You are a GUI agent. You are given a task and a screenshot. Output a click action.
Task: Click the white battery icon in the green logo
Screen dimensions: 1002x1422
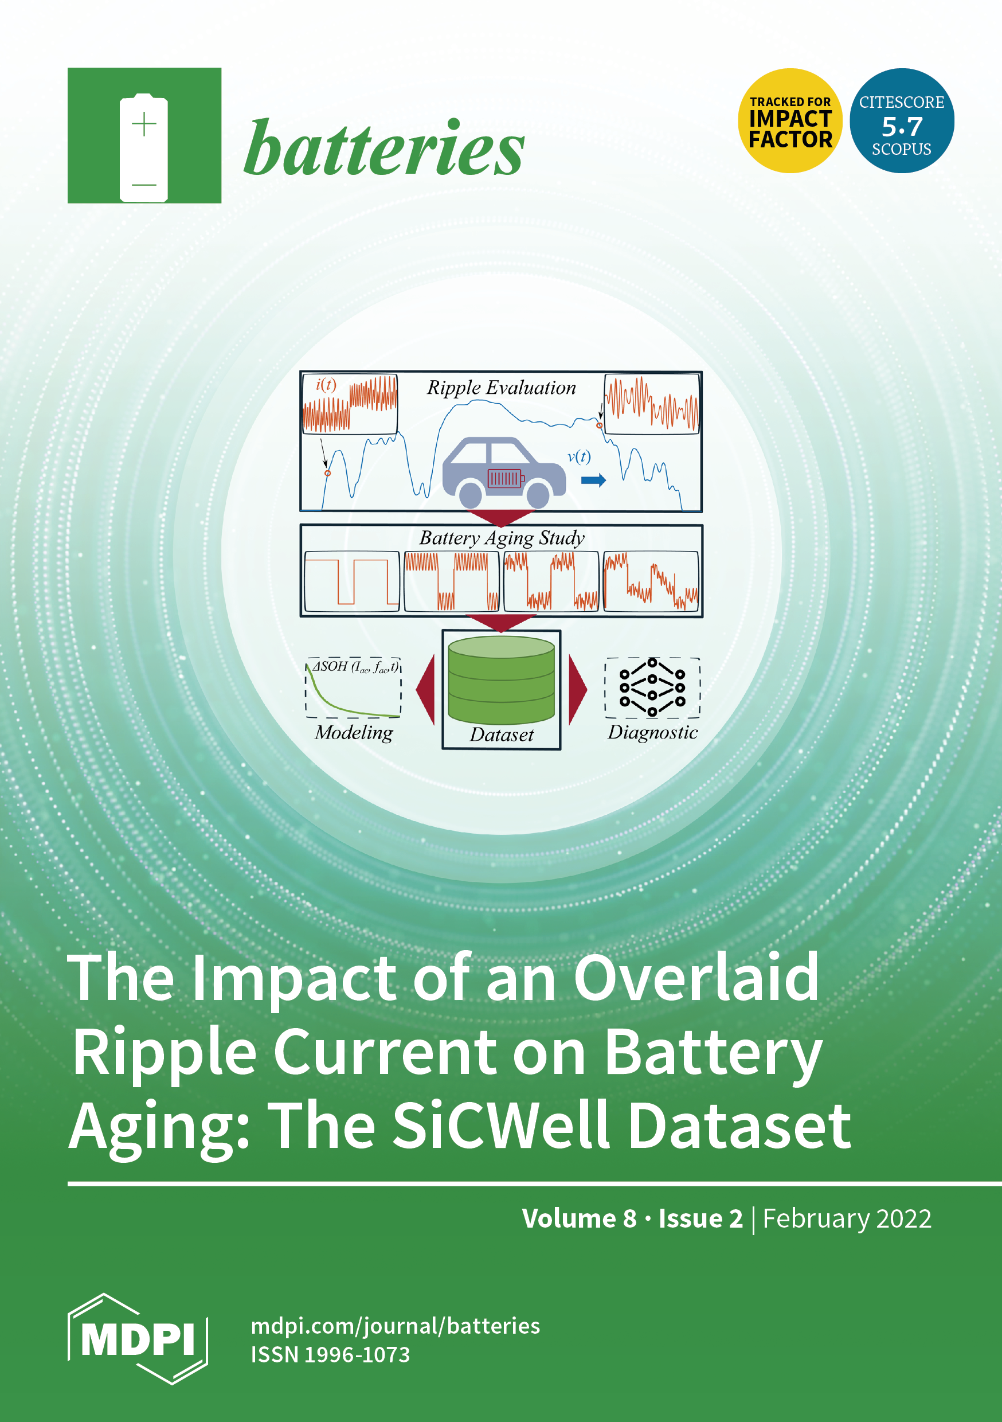click(x=144, y=147)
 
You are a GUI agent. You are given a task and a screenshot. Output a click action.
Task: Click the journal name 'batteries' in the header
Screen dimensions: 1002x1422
click(x=384, y=147)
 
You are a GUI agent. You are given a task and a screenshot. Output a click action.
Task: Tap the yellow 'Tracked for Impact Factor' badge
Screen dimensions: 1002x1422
click(x=790, y=121)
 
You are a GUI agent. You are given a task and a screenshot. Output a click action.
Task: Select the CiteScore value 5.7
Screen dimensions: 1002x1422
click(x=902, y=126)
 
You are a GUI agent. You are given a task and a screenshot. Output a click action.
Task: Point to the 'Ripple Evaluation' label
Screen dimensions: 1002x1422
click(x=501, y=388)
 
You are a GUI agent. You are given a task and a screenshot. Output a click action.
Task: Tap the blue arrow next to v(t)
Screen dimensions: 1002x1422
click(x=593, y=480)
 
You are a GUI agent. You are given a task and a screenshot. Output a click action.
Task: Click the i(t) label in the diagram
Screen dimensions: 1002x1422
click(x=326, y=385)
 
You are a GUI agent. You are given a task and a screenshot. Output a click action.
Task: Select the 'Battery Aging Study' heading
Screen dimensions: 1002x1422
click(x=502, y=538)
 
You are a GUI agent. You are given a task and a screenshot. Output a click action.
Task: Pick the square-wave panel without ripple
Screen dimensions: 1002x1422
click(x=352, y=581)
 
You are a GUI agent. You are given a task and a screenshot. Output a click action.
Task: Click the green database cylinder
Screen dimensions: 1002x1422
click(x=501, y=680)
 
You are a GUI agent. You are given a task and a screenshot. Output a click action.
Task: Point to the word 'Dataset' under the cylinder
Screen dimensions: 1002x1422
click(x=502, y=735)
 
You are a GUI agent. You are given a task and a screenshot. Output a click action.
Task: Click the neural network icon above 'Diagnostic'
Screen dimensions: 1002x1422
click(x=652, y=687)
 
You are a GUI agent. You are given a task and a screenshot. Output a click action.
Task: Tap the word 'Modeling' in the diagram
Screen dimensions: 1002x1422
click(x=354, y=733)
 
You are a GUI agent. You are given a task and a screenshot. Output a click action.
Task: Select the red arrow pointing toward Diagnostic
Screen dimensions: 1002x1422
click(x=577, y=689)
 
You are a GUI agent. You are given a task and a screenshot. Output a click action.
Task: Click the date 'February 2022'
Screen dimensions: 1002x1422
click(x=847, y=1219)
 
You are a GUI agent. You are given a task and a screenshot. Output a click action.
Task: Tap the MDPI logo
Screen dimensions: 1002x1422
click(x=138, y=1338)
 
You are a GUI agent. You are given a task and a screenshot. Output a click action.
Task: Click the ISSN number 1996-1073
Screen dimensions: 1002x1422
click(x=357, y=1354)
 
